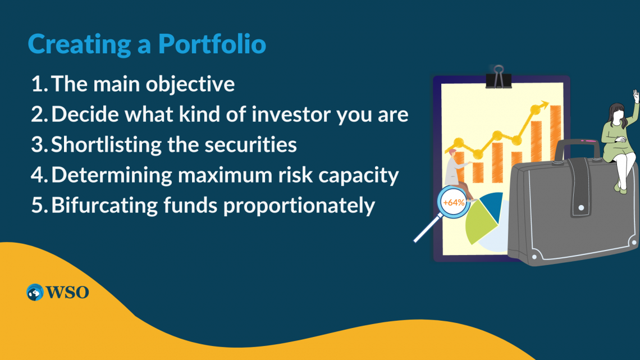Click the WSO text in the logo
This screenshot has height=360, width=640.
click(x=67, y=292)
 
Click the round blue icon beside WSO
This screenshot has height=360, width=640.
click(x=35, y=292)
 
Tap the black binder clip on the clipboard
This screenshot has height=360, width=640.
click(x=499, y=77)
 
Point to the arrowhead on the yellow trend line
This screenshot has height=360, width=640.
click(x=543, y=104)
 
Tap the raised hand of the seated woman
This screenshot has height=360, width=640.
click(x=636, y=95)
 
